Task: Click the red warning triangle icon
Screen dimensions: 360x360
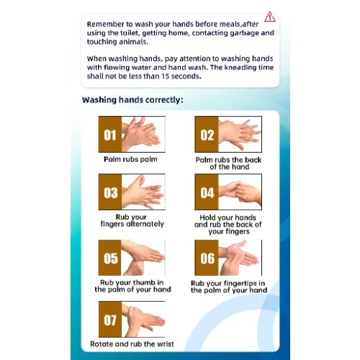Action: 269,16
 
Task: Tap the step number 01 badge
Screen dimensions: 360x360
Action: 109,134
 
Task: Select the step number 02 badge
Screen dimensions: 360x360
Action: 207,134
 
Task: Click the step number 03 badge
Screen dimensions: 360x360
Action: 109,192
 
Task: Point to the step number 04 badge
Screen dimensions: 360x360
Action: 207,192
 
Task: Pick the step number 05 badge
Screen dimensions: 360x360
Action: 109,258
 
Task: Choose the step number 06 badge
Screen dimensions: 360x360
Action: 207,258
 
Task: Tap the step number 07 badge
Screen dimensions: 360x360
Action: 109,320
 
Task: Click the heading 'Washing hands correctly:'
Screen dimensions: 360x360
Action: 132,100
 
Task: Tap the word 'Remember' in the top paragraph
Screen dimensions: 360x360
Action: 109,22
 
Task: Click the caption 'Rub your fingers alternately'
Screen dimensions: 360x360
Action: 131,220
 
